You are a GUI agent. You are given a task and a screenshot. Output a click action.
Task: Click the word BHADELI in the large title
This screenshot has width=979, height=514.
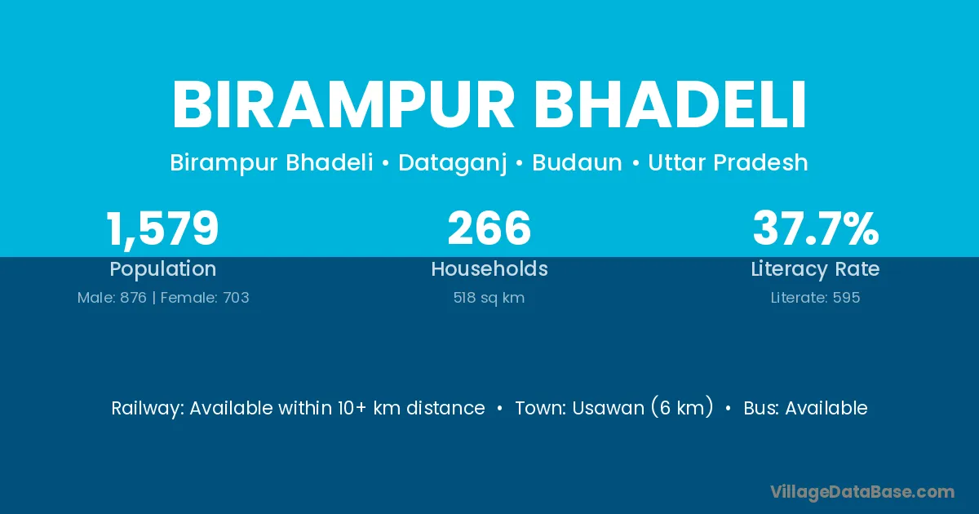(x=669, y=105)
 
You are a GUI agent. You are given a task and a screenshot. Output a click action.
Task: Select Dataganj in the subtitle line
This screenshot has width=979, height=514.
(x=453, y=163)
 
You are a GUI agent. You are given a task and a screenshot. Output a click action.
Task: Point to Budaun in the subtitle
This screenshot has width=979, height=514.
(x=577, y=162)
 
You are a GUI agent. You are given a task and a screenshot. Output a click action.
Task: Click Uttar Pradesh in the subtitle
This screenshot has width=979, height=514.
(x=728, y=162)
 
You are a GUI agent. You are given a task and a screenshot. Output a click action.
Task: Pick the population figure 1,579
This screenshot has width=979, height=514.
(x=162, y=229)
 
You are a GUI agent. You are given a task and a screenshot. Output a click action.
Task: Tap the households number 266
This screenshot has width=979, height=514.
(x=489, y=228)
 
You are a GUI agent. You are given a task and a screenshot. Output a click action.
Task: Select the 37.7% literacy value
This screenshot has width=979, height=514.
(x=816, y=228)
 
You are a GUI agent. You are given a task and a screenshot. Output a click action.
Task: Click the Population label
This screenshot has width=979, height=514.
(x=163, y=269)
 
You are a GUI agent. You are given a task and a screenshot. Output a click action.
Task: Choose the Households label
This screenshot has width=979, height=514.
(x=489, y=268)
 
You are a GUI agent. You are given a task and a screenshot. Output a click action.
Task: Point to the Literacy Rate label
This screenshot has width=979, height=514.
(x=815, y=269)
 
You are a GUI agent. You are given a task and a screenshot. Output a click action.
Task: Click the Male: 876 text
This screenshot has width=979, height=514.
(x=112, y=298)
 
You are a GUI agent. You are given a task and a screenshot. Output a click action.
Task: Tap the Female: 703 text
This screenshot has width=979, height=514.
(x=205, y=298)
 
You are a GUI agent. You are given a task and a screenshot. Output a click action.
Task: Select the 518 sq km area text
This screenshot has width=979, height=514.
(x=489, y=298)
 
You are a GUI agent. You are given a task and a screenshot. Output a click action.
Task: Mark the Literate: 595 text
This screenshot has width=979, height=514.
(x=815, y=298)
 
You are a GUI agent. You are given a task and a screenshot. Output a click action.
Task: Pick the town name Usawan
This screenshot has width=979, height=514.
(x=608, y=408)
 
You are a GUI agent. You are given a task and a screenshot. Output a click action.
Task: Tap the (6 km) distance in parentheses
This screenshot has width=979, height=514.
(x=682, y=407)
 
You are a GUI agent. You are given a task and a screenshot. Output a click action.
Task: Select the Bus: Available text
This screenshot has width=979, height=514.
(x=805, y=408)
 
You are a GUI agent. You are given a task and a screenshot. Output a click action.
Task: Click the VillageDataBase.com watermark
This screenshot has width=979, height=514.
(x=862, y=492)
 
